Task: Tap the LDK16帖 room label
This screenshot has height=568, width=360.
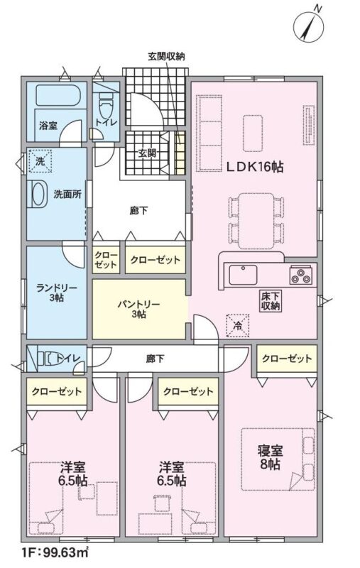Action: pyautogui.click(x=255, y=167)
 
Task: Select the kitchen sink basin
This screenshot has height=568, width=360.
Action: pyautogui.click(x=243, y=275)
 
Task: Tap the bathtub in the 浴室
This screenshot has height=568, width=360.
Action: pyautogui.click(x=61, y=95)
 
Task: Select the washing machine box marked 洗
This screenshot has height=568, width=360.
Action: pyautogui.click(x=40, y=161)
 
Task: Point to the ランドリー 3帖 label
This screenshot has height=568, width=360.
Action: pyautogui.click(x=57, y=293)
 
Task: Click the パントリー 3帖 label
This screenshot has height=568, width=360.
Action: pyautogui.click(x=138, y=309)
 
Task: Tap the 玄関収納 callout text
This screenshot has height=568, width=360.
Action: pyautogui.click(x=166, y=57)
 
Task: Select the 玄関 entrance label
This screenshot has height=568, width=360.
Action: pyautogui.click(x=148, y=153)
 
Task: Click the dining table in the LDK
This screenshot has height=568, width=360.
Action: pyautogui.click(x=256, y=221)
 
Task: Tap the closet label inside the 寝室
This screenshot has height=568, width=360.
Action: pyautogui.click(x=286, y=359)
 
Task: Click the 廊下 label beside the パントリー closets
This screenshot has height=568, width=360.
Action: pyautogui.click(x=138, y=210)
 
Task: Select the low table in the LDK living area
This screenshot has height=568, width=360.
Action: pyautogui.click(x=253, y=133)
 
